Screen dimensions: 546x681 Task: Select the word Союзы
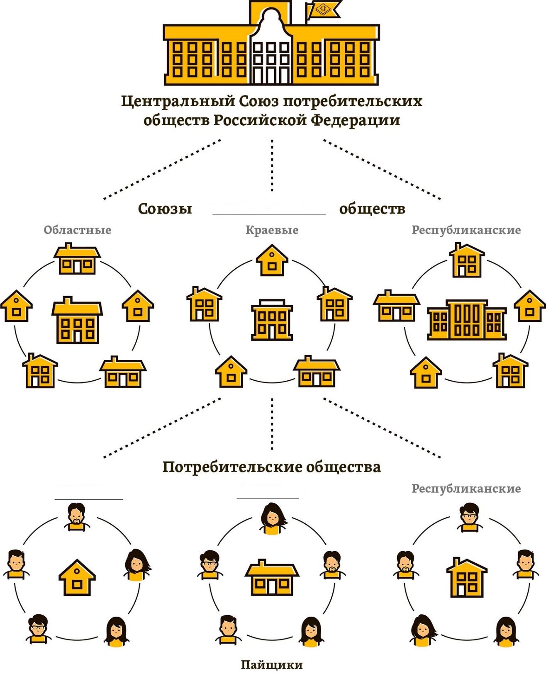tap(165, 209)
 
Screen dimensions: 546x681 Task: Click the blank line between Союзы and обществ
tap(269, 214)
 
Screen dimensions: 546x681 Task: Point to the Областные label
tap(78, 230)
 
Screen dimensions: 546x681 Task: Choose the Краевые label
tap(272, 230)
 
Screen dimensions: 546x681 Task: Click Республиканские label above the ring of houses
tap(466, 230)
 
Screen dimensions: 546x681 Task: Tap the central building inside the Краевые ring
tap(272, 320)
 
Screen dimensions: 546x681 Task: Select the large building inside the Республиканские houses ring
tap(467, 320)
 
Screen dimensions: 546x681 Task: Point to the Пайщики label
tap(272, 665)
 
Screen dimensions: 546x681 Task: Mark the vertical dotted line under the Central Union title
tap(272, 165)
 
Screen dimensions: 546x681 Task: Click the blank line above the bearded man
tap(89, 499)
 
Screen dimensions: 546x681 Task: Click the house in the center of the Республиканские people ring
tap(467, 577)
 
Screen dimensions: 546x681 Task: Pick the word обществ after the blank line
tap(372, 209)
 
